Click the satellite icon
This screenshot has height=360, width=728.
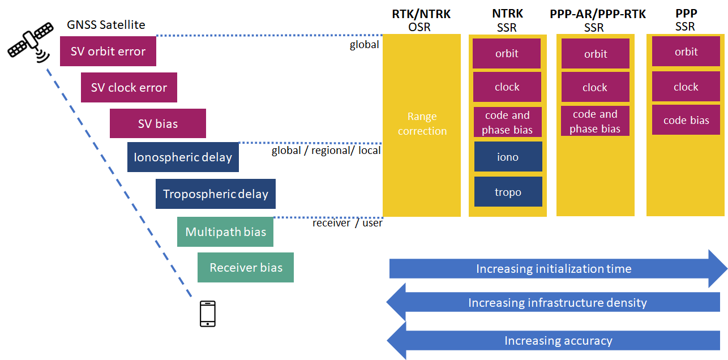click(x=30, y=41)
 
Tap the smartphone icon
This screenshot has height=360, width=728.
click(x=208, y=314)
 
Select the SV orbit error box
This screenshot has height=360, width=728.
click(x=108, y=52)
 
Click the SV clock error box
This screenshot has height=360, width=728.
click(x=129, y=87)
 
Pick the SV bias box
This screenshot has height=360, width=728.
click(x=157, y=123)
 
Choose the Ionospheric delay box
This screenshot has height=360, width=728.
click(x=183, y=157)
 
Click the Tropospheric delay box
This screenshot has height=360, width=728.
click(x=216, y=194)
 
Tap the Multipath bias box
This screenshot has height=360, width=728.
click(x=225, y=232)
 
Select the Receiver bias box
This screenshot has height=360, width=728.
click(x=246, y=267)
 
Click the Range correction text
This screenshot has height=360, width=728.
click(x=422, y=123)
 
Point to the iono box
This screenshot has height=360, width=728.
click(x=508, y=157)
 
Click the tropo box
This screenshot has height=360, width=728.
click(x=508, y=192)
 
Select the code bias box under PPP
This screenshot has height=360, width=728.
click(x=686, y=120)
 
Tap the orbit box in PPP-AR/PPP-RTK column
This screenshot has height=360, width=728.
click(x=596, y=54)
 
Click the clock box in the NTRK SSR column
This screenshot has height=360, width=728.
click(x=507, y=87)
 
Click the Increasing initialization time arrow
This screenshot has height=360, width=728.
click(x=558, y=269)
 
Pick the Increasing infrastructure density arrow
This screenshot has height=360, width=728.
click(x=553, y=302)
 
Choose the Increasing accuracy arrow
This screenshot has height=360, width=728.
click(x=553, y=341)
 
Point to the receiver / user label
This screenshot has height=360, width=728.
click(x=348, y=223)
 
